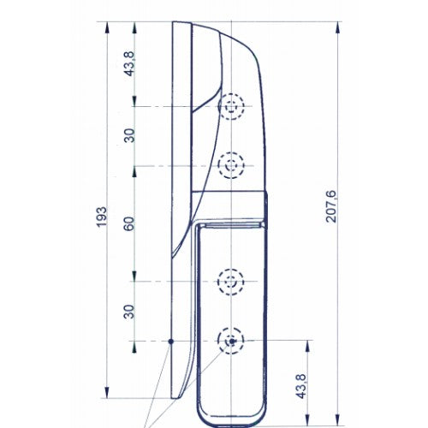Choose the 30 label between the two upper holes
click(130, 135)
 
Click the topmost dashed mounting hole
click(231, 106)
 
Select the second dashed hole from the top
click(231, 164)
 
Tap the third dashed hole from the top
click(231, 281)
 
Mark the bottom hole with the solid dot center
click(231, 341)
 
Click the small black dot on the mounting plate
click(171, 341)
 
